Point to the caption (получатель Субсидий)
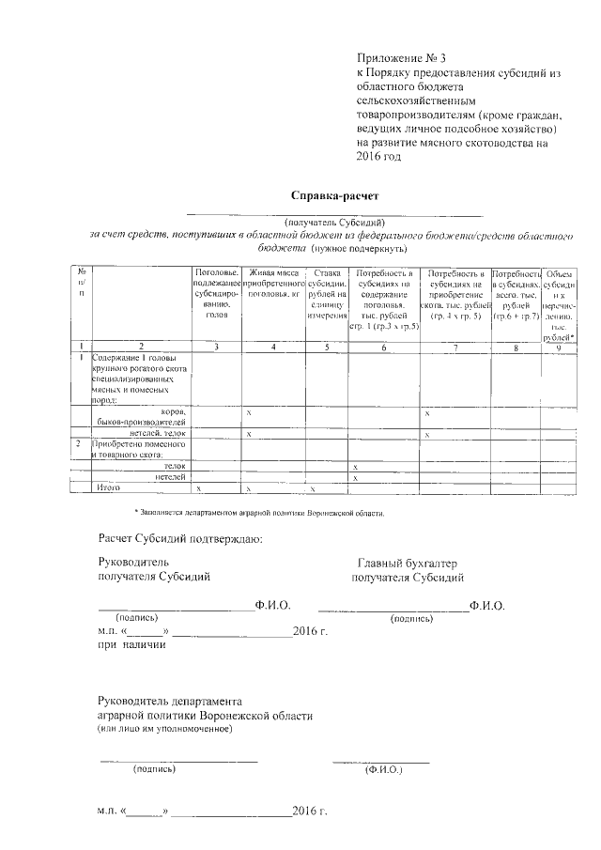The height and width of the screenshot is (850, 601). (x=334, y=222)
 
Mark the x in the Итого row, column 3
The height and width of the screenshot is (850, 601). (x=197, y=489)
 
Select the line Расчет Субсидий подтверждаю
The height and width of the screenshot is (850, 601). (x=180, y=538)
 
